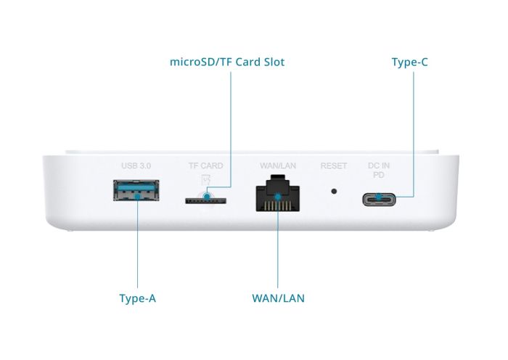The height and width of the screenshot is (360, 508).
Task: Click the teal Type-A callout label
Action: pyautogui.click(x=137, y=298)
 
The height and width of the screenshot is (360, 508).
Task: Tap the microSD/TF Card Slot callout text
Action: pyautogui.click(x=227, y=62)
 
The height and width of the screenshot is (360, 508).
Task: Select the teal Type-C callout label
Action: pyautogui.click(x=409, y=62)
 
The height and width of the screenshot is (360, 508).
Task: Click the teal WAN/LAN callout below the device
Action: pyautogui.click(x=278, y=298)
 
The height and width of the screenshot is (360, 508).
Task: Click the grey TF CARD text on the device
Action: pyautogui.click(x=206, y=166)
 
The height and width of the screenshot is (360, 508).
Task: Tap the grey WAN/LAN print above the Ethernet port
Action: pyautogui.click(x=278, y=166)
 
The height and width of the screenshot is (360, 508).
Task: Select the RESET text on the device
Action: pyautogui.click(x=334, y=166)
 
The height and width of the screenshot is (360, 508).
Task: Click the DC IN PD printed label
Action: pyautogui.click(x=378, y=171)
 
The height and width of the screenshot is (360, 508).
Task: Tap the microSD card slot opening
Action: pyautogui.click(x=207, y=199)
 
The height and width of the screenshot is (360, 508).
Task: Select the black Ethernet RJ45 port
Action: pyautogui.click(x=278, y=195)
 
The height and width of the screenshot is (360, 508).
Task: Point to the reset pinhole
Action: pyautogui.click(x=334, y=192)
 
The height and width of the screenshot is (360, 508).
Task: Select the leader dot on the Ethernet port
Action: pyautogui.click(x=278, y=197)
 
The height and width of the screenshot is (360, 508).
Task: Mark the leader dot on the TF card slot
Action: pyautogui.click(x=208, y=196)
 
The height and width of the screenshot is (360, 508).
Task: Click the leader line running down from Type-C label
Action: pyautogui.click(x=414, y=131)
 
